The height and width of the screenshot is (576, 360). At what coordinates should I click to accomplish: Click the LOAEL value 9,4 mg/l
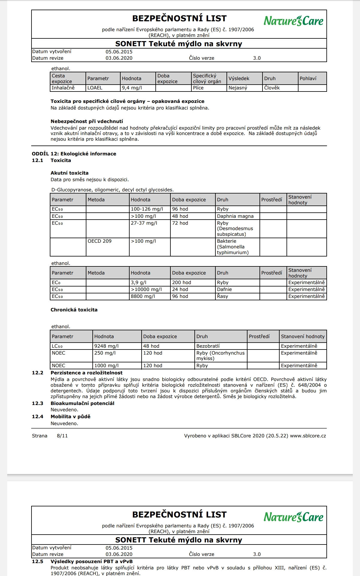coord(132,88)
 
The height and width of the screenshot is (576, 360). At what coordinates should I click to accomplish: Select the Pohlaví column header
coord(308,78)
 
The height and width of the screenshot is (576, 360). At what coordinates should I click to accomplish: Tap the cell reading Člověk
coord(272,88)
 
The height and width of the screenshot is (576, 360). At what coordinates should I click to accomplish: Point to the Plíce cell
coord(198,88)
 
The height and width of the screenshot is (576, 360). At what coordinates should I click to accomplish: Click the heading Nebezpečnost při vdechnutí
coord(87,121)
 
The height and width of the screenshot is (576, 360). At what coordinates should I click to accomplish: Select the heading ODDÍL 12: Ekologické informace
coord(74,154)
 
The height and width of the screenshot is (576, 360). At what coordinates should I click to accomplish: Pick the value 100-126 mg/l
coord(147,209)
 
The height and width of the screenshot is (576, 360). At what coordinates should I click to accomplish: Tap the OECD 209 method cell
coord(100,241)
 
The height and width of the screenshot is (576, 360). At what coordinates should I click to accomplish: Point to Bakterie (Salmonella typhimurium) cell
coord(232,247)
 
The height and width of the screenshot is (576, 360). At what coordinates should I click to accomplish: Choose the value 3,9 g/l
coord(139,283)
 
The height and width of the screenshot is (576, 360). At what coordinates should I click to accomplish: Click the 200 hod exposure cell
coord(181,283)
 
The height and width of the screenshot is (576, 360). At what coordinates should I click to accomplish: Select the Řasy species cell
coord(223,296)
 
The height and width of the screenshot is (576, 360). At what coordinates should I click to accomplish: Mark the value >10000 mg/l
coord(146,289)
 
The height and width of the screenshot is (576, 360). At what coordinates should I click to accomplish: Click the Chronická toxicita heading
coord(74,310)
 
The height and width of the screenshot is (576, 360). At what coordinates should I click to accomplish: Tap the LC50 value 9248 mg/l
coord(106,346)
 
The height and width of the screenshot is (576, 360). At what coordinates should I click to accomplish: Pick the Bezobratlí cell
coord(208,346)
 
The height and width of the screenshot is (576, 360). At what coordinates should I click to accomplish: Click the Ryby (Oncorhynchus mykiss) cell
coord(220,356)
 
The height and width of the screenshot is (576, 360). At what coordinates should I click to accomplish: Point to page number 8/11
coord(62,436)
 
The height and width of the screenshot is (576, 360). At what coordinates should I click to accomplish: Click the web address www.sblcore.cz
coord(308,436)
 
